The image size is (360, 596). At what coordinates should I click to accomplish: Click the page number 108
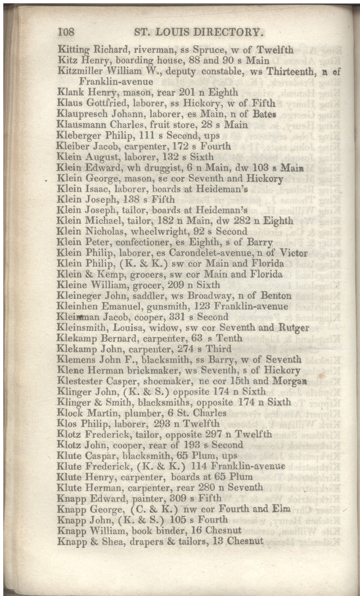[x=66, y=32]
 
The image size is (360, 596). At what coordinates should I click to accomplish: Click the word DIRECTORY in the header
[x=226, y=32]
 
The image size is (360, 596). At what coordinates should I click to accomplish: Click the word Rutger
[x=292, y=328]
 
